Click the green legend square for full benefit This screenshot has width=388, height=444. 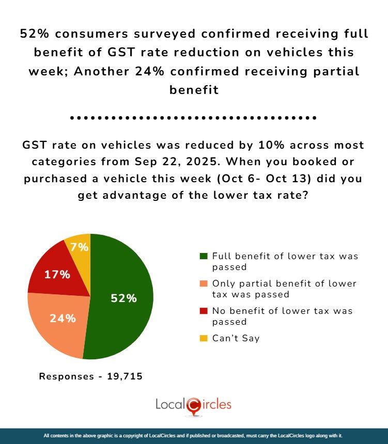pyautogui.click(x=204, y=256)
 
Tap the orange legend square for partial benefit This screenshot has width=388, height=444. pyautogui.click(x=204, y=284)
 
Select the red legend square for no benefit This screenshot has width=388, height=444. pyautogui.click(x=204, y=311)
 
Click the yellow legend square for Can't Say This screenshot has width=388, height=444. pyautogui.click(x=204, y=339)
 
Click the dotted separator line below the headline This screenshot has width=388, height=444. pyautogui.click(x=193, y=118)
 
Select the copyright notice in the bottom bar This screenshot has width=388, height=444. pyautogui.click(x=193, y=436)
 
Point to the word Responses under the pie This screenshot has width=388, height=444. pyautogui.click(x=65, y=376)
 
